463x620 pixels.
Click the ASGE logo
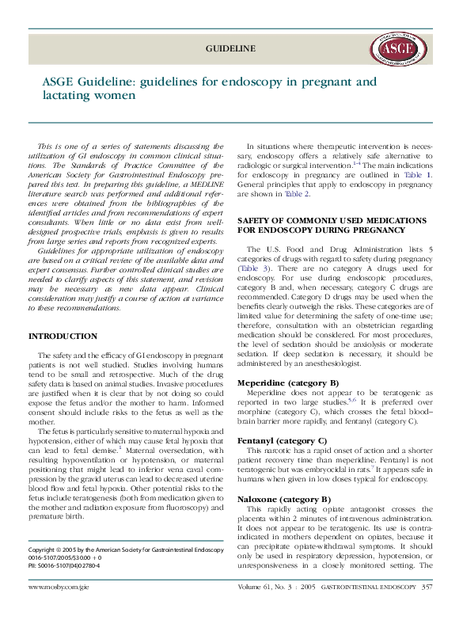396,49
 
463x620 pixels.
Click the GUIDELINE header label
230,48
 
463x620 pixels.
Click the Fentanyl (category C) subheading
282,439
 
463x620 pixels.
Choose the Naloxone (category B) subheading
284,500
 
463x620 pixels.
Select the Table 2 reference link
297,193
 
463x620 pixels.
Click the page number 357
427,610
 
